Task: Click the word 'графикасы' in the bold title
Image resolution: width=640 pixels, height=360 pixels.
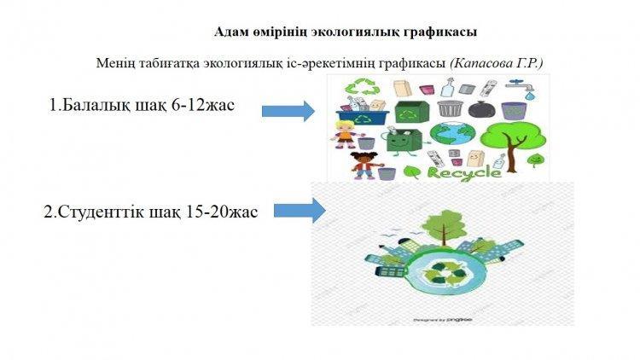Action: (440, 32)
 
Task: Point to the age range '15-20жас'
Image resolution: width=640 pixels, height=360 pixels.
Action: (221, 212)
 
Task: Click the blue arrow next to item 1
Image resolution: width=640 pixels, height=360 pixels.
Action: (288, 111)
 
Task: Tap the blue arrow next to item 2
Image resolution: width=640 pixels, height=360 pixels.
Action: (300, 211)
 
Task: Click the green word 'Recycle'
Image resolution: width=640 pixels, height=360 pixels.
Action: (464, 173)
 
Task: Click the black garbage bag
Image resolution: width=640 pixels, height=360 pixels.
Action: (481, 109)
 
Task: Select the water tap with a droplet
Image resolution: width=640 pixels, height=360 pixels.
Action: (522, 89)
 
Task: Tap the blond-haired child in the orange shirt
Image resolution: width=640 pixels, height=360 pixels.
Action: (345, 134)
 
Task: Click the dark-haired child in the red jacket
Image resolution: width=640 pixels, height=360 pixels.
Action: (364, 165)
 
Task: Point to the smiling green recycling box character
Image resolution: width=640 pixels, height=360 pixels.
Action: (403, 142)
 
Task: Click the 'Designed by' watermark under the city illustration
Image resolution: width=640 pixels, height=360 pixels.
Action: (442, 320)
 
